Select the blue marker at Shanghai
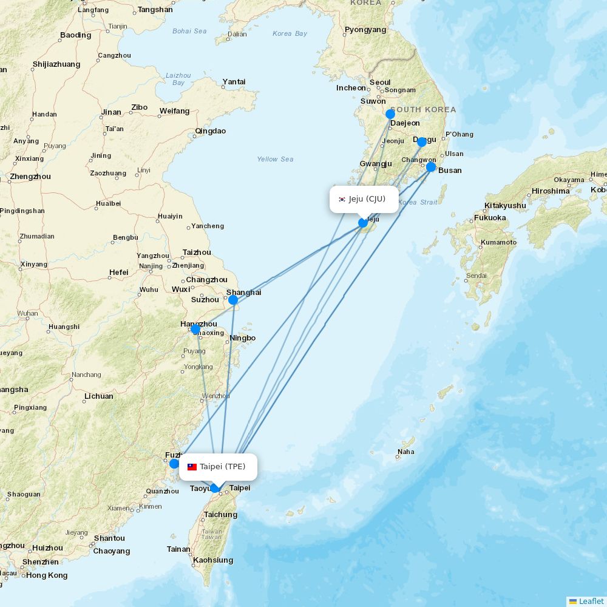pos(233,300)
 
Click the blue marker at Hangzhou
pos(195,329)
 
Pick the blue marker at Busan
pos(431,167)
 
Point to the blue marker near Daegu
pos(422,142)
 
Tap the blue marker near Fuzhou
pos(174,464)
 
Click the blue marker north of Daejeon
pos(390,114)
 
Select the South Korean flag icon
pos(342,199)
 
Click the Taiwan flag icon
pos(192,467)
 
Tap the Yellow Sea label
pos(275,159)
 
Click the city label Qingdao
pos(211,131)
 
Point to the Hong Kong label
pos(47,575)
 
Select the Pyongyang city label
pos(365,29)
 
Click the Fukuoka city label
pos(490,218)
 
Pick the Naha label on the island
pos(406,452)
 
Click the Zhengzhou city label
pos(30,177)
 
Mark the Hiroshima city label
pos(551,191)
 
